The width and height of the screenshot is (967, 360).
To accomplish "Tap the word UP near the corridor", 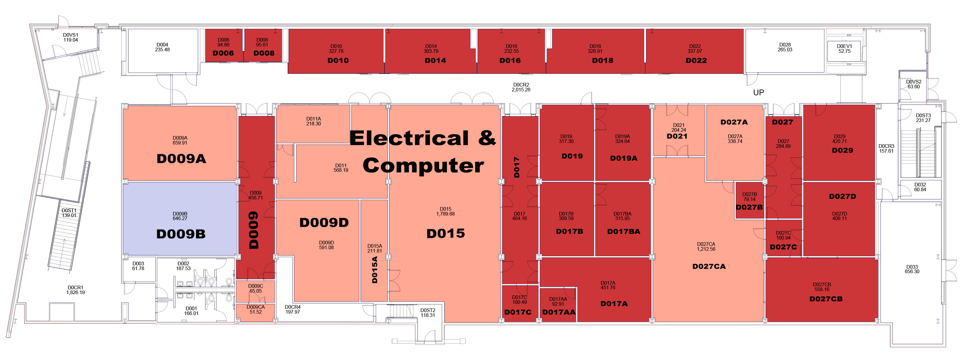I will (758, 92).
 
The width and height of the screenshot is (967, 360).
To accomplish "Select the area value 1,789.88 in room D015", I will (446, 214).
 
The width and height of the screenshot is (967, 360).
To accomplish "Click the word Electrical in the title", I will (409, 138).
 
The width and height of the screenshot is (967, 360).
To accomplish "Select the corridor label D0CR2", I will (521, 85).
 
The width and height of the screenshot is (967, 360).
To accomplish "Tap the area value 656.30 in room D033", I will (912, 272).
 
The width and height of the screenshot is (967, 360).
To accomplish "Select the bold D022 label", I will (696, 60).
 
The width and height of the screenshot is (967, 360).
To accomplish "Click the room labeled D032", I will (920, 187).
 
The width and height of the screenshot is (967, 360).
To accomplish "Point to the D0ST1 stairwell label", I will (69, 211).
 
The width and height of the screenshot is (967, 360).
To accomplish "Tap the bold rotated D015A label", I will (375, 270).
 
